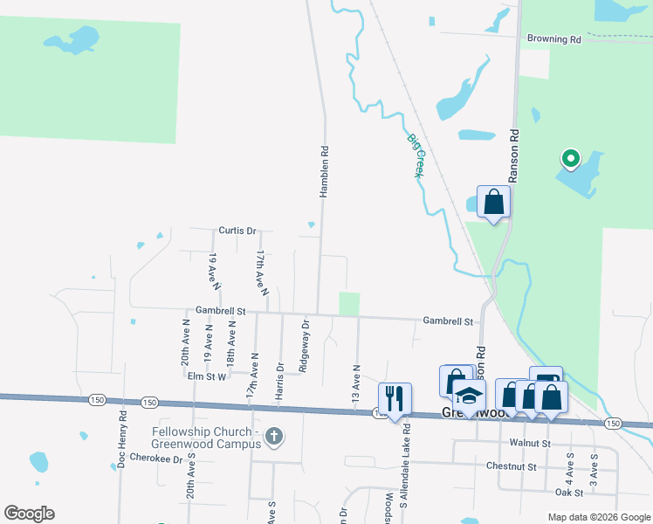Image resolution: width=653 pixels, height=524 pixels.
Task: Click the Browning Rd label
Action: tap(554, 39)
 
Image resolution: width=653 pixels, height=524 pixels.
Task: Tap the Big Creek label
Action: tap(415, 155)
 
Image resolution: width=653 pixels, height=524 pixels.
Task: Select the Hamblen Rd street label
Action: tap(324, 171)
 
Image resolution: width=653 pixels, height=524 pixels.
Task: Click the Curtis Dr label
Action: tap(237, 231)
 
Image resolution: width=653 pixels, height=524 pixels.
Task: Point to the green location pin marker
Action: tap(570, 159)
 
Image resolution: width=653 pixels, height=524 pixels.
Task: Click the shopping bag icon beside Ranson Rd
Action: tap(493, 203)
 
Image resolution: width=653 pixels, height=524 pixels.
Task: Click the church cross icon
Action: tap(274, 436)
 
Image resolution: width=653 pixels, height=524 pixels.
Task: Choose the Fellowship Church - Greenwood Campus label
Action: tap(206, 438)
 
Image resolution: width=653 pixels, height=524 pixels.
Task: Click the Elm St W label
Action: tap(207, 376)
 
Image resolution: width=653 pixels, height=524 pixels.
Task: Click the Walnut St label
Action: tap(532, 444)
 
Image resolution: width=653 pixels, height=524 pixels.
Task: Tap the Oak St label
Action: tap(567, 492)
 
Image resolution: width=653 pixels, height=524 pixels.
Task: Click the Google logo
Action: tap(29, 514)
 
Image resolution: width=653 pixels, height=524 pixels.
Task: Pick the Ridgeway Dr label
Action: tap(305, 346)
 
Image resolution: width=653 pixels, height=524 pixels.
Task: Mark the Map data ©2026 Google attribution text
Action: tap(598, 517)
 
